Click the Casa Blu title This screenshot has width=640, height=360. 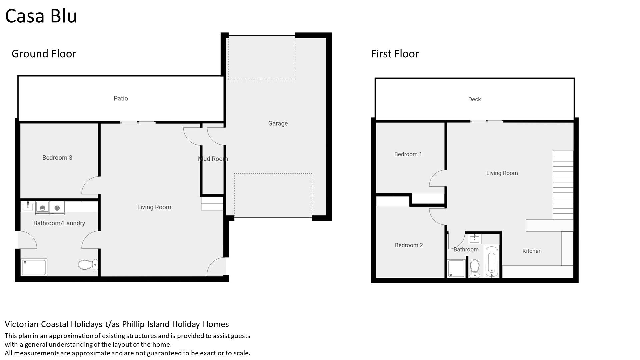pyautogui.click(x=41, y=16)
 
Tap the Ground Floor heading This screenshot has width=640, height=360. pyautogui.click(x=44, y=54)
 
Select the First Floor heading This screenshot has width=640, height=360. pyautogui.click(x=395, y=54)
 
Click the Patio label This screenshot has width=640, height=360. pyautogui.click(x=121, y=98)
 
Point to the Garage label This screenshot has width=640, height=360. pyautogui.click(x=278, y=123)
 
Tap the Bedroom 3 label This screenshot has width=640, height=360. pyautogui.click(x=57, y=158)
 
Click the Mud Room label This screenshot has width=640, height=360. pyautogui.click(x=213, y=159)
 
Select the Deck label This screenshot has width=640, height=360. pyautogui.click(x=474, y=99)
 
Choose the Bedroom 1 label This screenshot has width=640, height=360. pyautogui.click(x=408, y=154)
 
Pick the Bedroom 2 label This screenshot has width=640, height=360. pyautogui.click(x=409, y=245)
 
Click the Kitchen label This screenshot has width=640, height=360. pyautogui.click(x=532, y=251)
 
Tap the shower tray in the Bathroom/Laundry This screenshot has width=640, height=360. pyautogui.click(x=34, y=268)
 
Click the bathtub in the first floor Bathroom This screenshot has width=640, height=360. pyautogui.click(x=492, y=262)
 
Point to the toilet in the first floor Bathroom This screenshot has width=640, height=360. pyautogui.click(x=474, y=269)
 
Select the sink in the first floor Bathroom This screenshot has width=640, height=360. pyautogui.click(x=474, y=238)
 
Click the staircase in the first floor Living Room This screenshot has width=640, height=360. pyautogui.click(x=563, y=185)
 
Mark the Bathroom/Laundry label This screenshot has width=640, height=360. pyautogui.click(x=59, y=223)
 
